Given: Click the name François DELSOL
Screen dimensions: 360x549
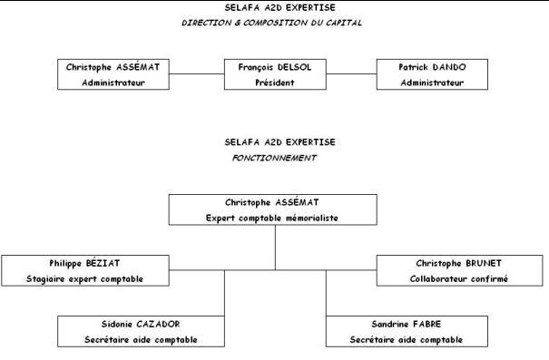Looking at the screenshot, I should (x=274, y=67).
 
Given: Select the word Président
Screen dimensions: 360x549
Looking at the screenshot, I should (x=274, y=82).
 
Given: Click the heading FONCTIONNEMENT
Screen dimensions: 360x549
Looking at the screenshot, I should (x=274, y=156).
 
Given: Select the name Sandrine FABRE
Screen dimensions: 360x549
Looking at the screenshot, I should (x=403, y=324).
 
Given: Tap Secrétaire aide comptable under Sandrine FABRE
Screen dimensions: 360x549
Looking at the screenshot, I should (x=403, y=339).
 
